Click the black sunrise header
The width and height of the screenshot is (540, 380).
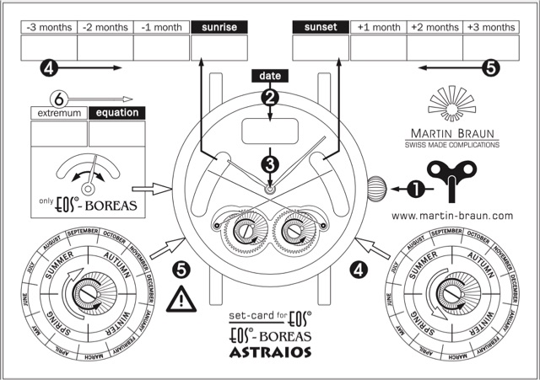[x=219, y=27]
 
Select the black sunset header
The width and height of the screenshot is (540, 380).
[x=321, y=27]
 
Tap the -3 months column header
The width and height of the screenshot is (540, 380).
[x=48, y=27]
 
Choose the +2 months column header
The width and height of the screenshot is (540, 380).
[x=435, y=27]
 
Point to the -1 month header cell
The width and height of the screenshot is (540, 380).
[x=162, y=27]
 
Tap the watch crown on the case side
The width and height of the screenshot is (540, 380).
[x=376, y=187]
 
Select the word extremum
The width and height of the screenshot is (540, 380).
[x=58, y=113]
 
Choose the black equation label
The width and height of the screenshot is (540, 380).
[x=117, y=113]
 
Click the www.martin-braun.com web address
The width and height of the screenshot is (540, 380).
[x=453, y=216]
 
